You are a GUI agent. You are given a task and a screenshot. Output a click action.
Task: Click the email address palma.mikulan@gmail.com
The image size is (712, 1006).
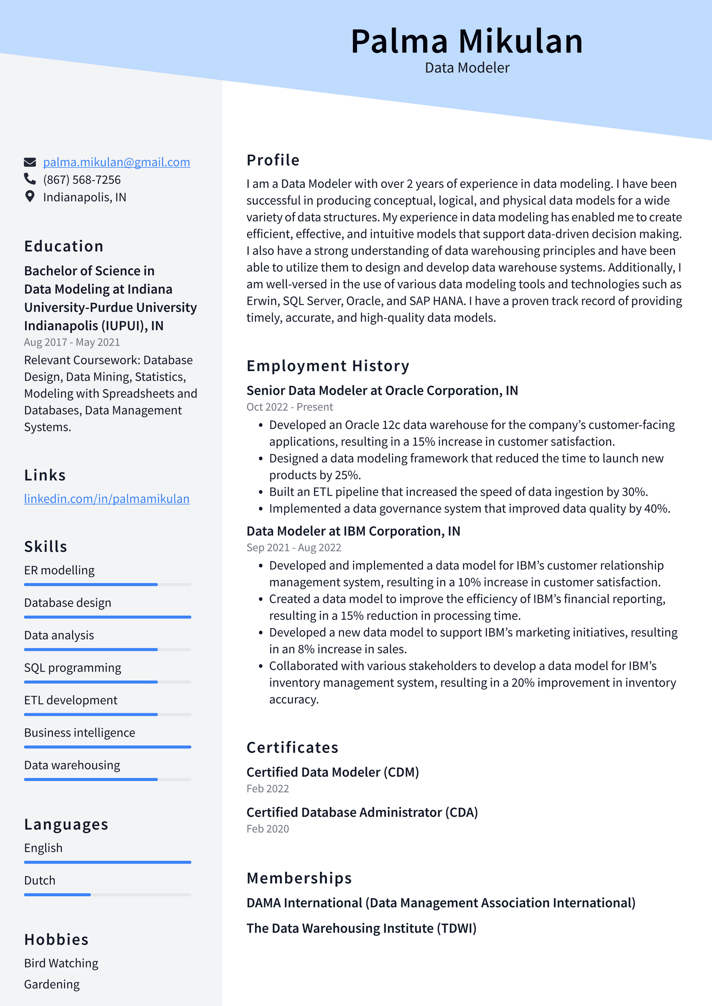coord(116,162)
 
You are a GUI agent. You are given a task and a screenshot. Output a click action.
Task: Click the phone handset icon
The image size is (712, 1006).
coord(30,179)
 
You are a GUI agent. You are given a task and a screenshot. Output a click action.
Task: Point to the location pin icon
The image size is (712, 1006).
coord(30,196)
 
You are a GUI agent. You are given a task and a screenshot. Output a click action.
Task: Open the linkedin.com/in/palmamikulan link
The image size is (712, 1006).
coord(106,499)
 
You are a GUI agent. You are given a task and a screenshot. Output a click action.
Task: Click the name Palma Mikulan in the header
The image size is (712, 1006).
coord(467,41)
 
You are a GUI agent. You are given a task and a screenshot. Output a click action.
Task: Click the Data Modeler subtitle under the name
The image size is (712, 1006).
coord(467,68)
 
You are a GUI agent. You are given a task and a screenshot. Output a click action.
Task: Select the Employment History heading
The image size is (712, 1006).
coord(327,366)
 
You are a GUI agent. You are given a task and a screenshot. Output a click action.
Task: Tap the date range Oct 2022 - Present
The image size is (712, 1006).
coord(289,407)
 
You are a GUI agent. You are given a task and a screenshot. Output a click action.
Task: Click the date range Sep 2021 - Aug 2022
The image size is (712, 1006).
coord(294,548)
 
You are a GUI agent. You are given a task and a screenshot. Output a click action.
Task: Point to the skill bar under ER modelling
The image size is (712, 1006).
coord(108,585)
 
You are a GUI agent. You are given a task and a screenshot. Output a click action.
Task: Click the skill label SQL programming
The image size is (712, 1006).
coord(73,668)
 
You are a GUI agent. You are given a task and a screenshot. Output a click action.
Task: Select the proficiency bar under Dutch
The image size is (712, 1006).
coord(108,895)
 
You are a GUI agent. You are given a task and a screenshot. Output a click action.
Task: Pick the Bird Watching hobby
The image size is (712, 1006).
coord(61,963)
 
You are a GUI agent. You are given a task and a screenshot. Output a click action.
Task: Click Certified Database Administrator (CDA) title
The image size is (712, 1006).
coord(362,813)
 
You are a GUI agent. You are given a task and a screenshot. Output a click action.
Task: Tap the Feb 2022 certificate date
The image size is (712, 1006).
coord(267,789)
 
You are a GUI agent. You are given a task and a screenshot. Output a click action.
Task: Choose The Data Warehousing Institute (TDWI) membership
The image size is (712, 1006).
coord(361,928)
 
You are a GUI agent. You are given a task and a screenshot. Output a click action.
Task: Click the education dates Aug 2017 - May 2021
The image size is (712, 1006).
coord(72,342)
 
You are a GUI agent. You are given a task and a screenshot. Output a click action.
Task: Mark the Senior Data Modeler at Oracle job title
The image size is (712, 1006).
coord(382,390)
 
